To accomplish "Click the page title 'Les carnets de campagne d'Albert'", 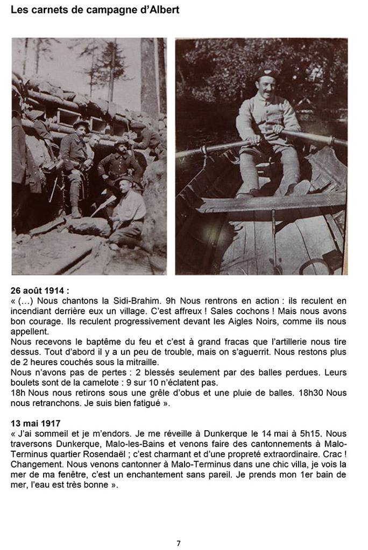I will pyautogui.click(x=95, y=10).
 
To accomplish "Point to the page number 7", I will pyautogui.click(x=179, y=543).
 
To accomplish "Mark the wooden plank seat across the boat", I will pyautogui.click(x=269, y=201).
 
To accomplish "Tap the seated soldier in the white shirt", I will pyautogui.click(x=128, y=212).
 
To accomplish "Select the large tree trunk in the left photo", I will pyautogui.click(x=148, y=75).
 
